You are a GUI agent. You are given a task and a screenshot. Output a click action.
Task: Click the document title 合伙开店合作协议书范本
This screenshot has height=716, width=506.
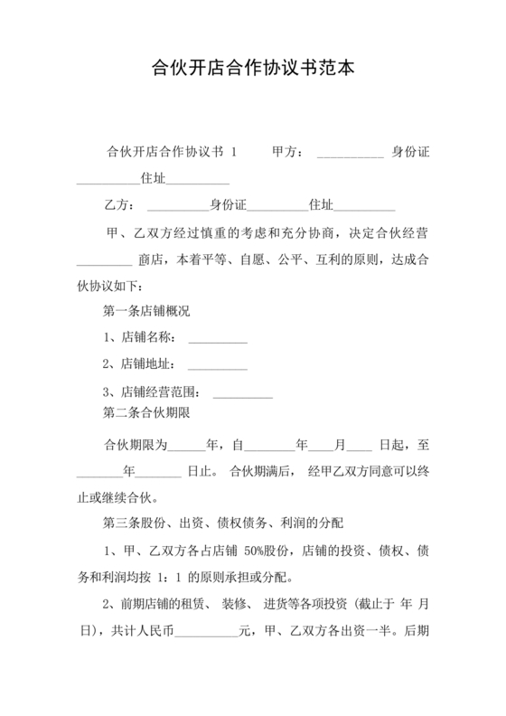[252, 67]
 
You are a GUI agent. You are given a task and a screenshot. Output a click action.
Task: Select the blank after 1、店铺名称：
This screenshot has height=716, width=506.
[217, 342]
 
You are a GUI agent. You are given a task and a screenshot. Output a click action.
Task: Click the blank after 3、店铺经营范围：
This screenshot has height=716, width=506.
[242, 395]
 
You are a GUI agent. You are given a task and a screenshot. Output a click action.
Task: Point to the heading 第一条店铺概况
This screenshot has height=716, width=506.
[147, 311]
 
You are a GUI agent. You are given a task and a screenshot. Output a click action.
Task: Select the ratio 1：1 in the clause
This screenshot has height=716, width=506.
[170, 577]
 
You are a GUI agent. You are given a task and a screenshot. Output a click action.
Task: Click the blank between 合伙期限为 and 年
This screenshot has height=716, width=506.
[186, 447]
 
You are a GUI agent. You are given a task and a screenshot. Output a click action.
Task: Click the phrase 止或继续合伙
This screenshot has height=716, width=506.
[117, 496]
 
